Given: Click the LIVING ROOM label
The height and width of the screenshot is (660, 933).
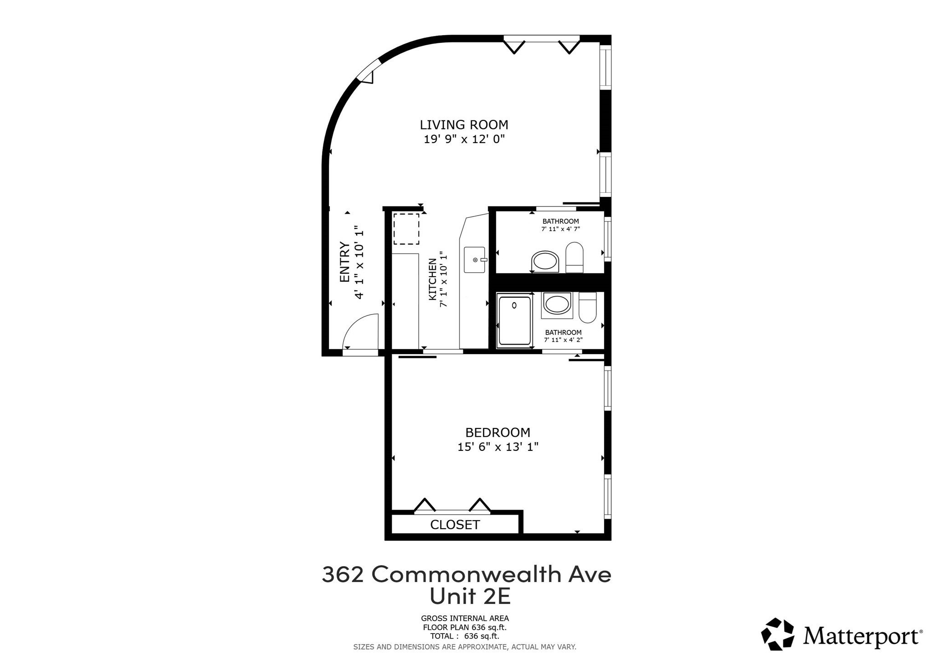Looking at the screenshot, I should (464, 124).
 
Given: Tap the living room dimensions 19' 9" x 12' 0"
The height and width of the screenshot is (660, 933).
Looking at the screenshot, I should (464, 139).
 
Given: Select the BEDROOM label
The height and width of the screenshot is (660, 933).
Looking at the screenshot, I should (497, 432).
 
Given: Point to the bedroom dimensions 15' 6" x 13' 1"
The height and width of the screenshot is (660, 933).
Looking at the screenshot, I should (497, 447).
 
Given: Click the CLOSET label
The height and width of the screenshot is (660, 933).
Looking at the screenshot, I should (455, 525).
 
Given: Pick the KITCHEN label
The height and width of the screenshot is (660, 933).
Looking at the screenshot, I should (432, 279).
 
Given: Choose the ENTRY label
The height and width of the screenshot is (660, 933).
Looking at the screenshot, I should (345, 262).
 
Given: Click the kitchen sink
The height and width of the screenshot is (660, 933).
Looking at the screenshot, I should (475, 260).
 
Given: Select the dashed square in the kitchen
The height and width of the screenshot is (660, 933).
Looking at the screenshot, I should (406, 229).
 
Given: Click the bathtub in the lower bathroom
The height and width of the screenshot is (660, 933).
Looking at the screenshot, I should (515, 320).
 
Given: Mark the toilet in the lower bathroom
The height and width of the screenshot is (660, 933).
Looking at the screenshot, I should (587, 307).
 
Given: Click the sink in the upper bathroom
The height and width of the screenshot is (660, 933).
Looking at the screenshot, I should (545, 261).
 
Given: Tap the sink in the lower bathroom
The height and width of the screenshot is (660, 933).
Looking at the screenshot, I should (557, 304).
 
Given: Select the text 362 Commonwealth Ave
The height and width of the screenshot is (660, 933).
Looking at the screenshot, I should (466, 575).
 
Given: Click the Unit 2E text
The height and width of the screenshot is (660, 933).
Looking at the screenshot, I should (470, 597).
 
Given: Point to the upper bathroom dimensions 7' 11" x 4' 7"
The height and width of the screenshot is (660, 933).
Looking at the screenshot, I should (560, 229).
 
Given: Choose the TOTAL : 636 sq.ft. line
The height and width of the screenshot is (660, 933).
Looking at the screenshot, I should (464, 636).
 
